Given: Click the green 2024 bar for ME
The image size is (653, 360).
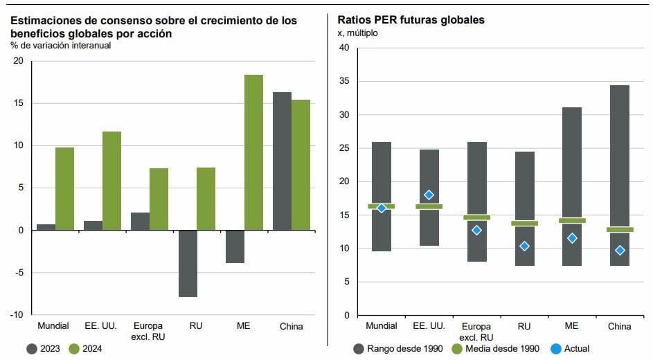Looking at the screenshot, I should (253, 152).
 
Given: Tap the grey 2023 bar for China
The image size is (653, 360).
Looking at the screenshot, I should (282, 161).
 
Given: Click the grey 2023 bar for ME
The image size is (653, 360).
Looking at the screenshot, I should (235, 246).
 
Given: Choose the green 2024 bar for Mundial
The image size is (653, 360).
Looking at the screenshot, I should (64, 188).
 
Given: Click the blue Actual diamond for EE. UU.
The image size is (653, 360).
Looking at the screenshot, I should (429, 195).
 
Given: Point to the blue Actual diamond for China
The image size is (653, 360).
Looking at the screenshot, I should (620, 250).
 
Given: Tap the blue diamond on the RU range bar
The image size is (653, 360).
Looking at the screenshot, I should (524, 246).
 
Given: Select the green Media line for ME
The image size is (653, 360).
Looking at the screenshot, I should (572, 221).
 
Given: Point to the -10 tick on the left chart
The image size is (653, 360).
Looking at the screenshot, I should (18, 315).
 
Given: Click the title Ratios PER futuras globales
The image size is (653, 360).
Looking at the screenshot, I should (411, 20).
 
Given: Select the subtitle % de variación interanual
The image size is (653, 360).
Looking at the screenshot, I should (60, 46).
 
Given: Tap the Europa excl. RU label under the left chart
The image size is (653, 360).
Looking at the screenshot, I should (149, 331).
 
